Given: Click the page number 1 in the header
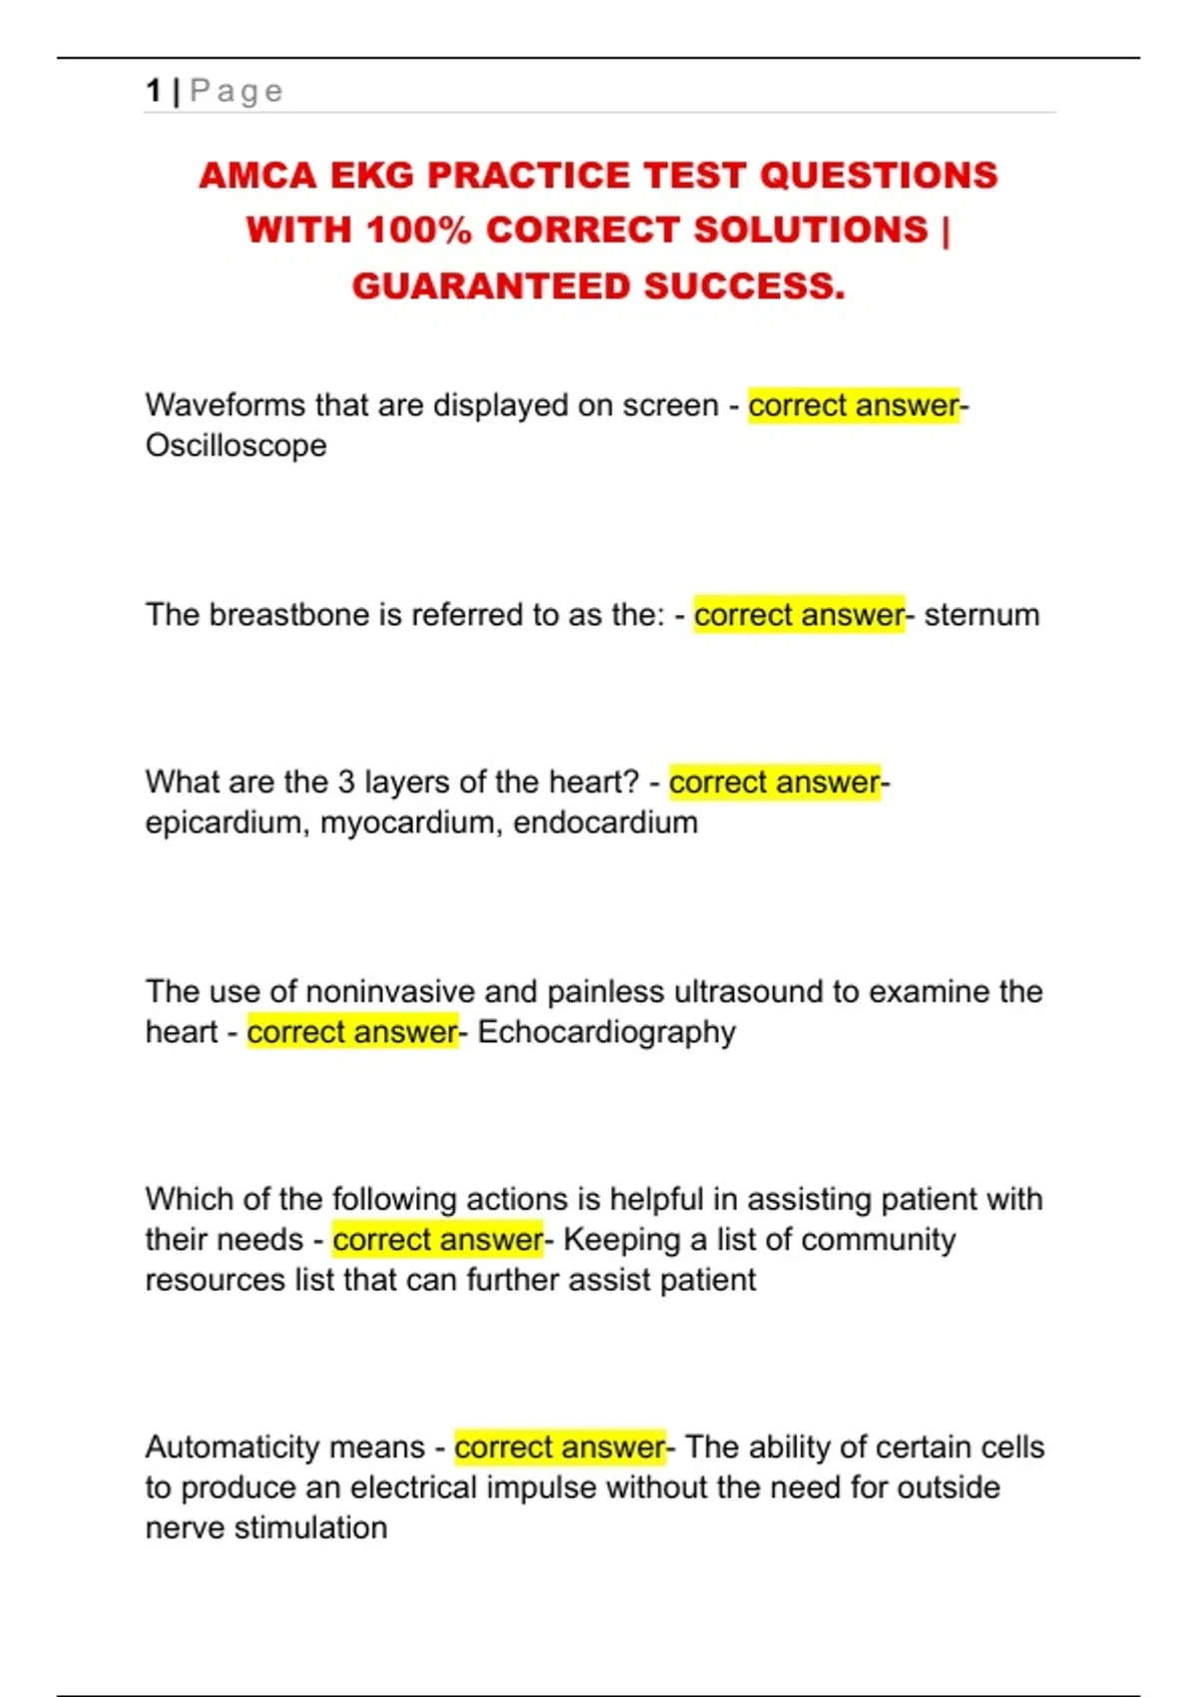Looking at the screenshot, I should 153,91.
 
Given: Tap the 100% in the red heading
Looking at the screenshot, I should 418,231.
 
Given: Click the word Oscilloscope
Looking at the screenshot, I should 236,445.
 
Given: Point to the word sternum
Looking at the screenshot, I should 981,615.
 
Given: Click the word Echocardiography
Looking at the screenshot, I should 606,1032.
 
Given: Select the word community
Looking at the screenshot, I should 878,1240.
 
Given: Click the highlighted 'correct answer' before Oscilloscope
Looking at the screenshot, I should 854,405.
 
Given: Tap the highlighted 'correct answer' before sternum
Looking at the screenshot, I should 799,615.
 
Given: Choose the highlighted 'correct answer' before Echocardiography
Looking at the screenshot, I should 352,1032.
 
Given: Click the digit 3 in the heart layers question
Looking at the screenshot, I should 346,782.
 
